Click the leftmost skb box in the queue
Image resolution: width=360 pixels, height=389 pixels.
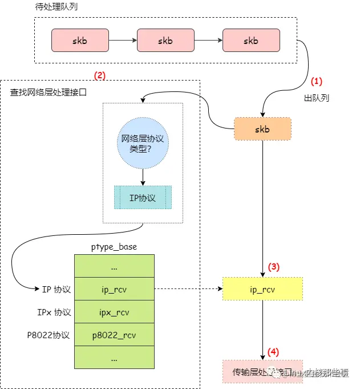tap(80, 41)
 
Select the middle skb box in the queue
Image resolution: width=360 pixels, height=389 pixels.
tap(165, 41)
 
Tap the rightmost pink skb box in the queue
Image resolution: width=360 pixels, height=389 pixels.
tap(251, 41)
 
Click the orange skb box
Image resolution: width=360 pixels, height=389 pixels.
tap(262, 129)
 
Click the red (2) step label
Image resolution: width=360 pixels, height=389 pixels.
tap(99, 75)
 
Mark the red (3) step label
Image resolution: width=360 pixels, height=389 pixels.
tap(274, 267)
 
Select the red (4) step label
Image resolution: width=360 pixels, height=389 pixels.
tap(274, 351)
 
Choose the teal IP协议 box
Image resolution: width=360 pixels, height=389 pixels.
tap(143, 198)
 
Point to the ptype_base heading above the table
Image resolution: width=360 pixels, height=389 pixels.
tap(114, 247)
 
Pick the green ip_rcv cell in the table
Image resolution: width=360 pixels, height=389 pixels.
tap(114, 290)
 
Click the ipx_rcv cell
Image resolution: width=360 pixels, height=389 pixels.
tap(114, 312)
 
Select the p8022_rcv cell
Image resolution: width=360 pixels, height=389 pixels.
tap(114, 335)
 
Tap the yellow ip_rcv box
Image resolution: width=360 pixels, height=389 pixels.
tap(262, 290)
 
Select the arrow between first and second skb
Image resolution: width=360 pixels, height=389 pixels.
tap(123, 41)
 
